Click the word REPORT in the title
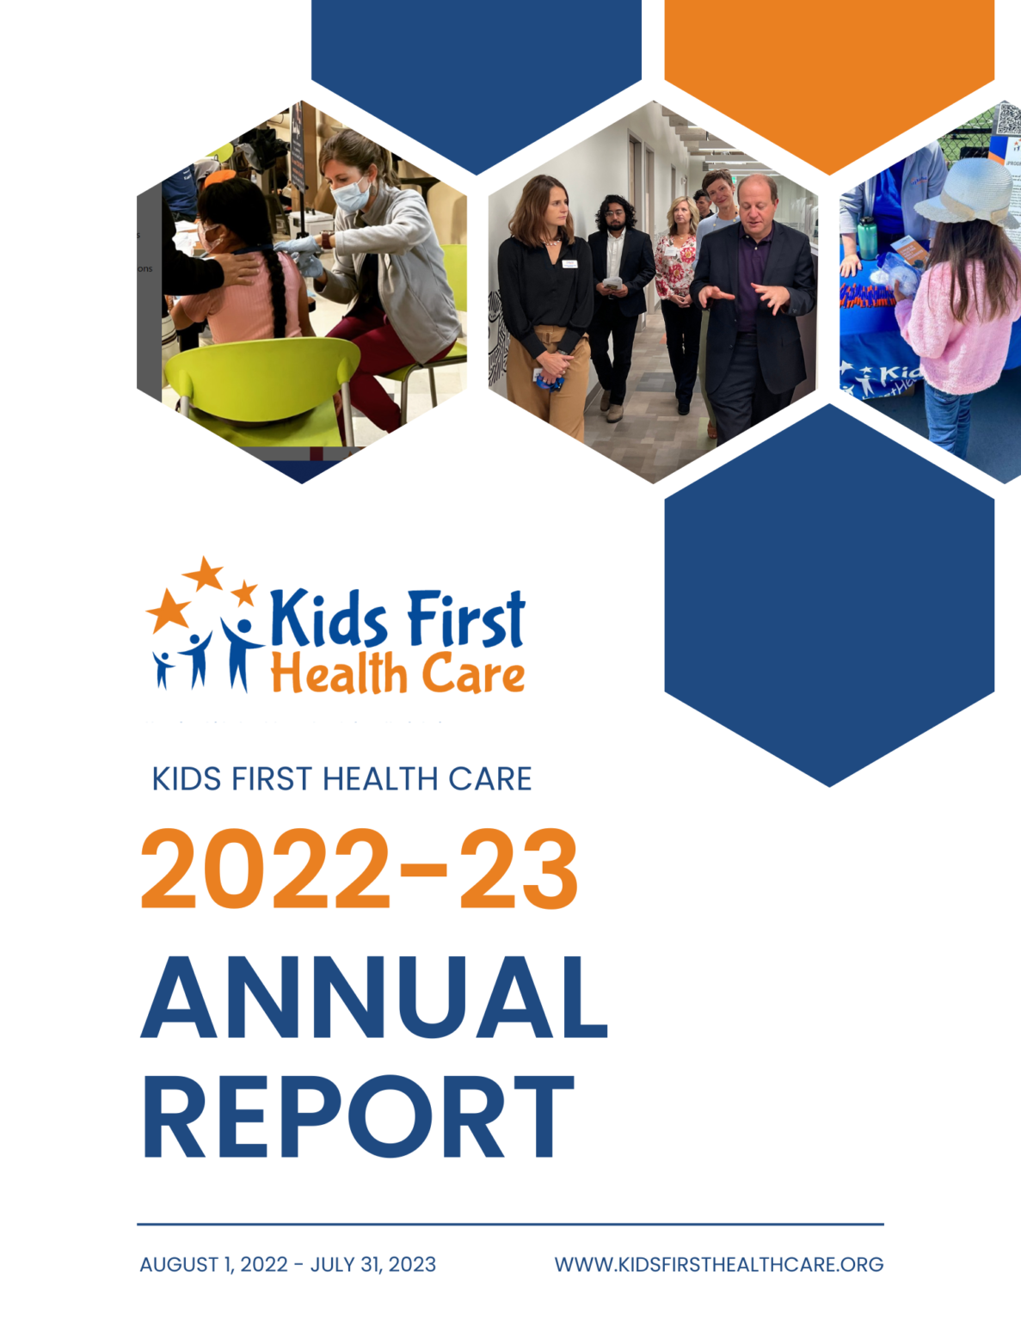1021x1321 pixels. click(357, 1119)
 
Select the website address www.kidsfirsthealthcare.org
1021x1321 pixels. click(718, 1264)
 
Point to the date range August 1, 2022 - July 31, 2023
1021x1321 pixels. click(287, 1264)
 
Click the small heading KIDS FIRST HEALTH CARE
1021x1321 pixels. click(341, 779)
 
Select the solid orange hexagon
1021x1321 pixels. click(829, 69)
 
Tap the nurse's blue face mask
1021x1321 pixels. click(351, 195)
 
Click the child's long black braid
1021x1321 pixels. click(279, 292)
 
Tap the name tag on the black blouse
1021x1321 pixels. click(569, 264)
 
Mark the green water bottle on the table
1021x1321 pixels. click(867, 237)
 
